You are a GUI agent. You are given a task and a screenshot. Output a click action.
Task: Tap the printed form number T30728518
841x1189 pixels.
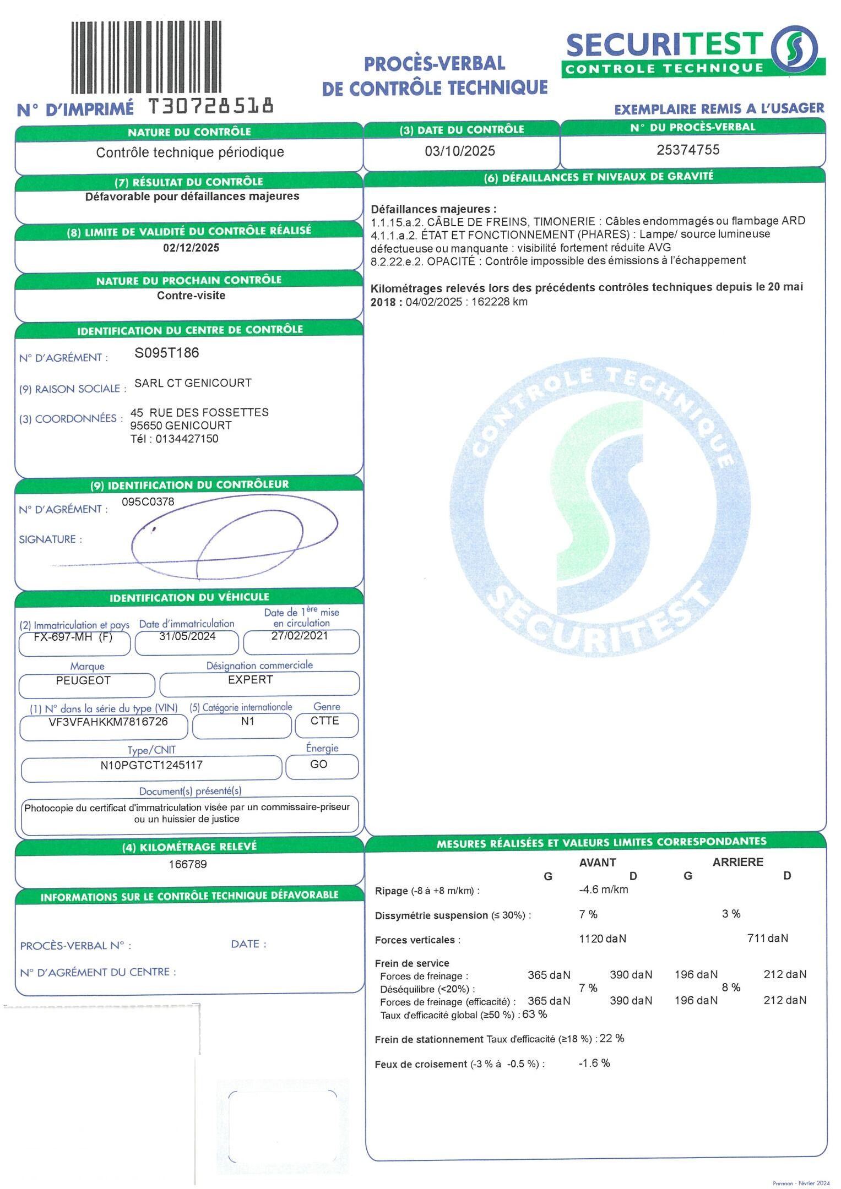pos(210,106)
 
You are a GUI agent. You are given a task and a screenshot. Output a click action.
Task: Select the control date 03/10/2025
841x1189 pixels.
pos(460,151)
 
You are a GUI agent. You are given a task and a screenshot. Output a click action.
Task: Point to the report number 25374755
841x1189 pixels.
pos(688,150)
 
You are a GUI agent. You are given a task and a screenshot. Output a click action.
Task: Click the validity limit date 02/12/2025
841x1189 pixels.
pos(191,248)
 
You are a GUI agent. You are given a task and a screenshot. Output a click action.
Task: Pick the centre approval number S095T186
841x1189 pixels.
pos(167,353)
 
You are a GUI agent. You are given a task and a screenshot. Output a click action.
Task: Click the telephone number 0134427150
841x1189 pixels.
pos(187,439)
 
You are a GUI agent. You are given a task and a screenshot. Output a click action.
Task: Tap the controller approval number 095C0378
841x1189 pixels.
pos(148,501)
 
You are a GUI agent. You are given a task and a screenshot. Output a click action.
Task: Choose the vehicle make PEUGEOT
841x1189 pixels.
pos(83,680)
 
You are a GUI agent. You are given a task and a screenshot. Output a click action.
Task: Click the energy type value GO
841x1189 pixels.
pos(319,764)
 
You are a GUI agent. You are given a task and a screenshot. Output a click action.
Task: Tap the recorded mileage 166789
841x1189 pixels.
pos(188,864)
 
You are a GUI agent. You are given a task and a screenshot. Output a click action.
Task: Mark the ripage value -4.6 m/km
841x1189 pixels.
pos(603,890)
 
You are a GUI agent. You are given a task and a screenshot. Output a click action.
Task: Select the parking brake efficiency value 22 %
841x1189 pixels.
pos(612,1038)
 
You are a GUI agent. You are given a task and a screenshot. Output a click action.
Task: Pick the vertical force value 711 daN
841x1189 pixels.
pos(767,938)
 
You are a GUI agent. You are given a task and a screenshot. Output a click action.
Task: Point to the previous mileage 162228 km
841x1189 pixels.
pos(500,302)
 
